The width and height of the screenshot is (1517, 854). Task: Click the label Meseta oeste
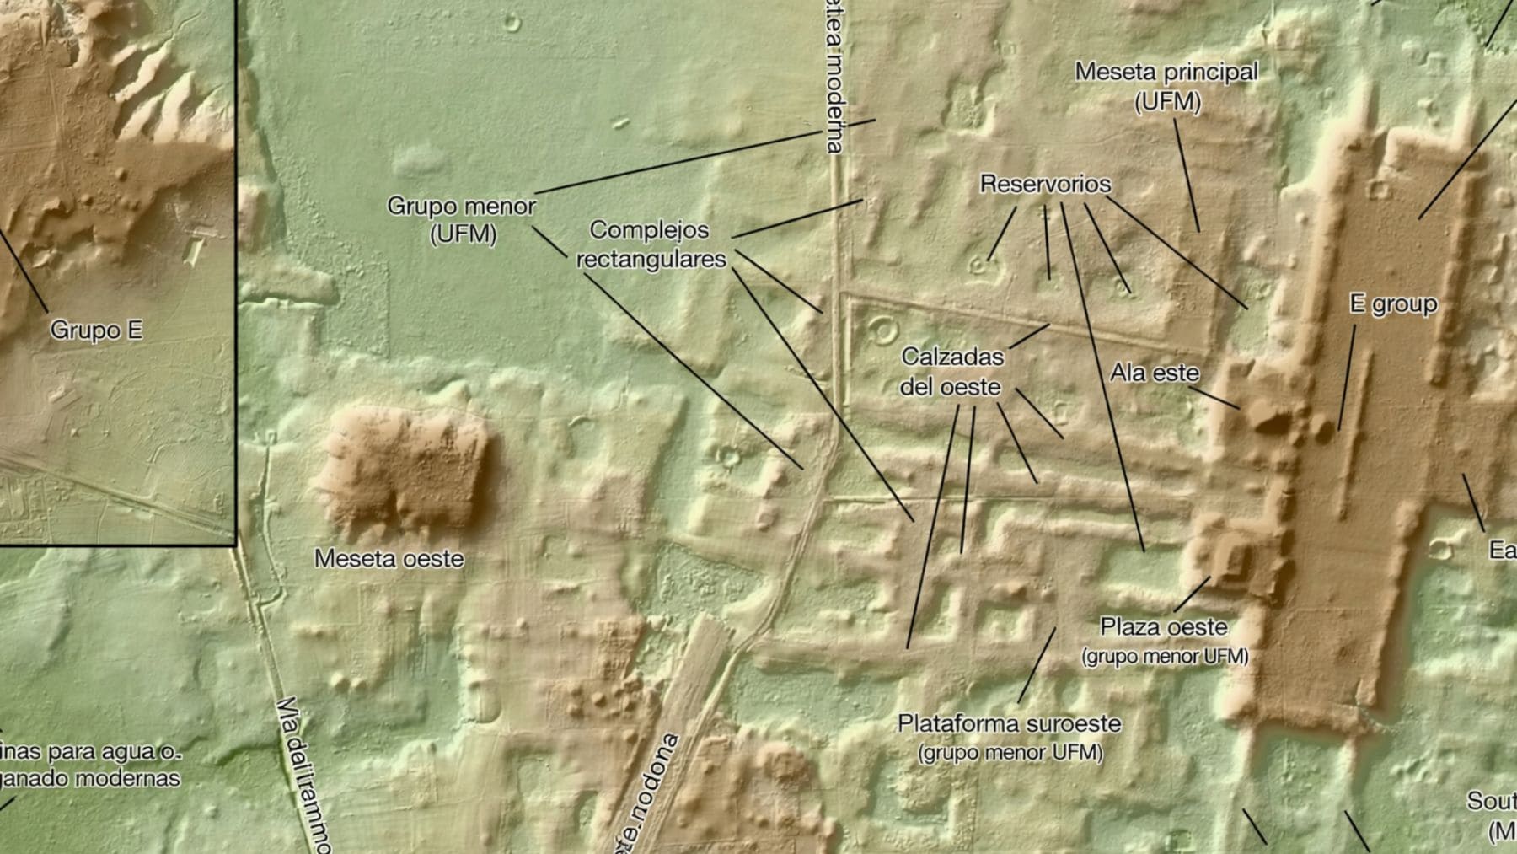[389, 558]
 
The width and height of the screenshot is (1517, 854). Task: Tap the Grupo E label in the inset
[96, 330]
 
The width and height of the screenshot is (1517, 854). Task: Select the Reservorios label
[1045, 184]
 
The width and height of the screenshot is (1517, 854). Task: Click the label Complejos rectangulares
[650, 244]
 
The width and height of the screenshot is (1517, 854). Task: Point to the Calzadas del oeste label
[952, 371]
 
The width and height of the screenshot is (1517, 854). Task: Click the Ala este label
[1154, 372]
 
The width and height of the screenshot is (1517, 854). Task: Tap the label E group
[1393, 303]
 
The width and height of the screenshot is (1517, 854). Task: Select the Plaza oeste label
[1163, 627]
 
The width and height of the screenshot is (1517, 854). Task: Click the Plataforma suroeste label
[1009, 723]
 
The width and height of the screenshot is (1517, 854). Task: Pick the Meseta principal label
[1166, 73]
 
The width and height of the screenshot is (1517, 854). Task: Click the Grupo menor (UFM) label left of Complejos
[461, 219]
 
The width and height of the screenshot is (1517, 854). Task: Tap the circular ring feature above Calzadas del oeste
[882, 330]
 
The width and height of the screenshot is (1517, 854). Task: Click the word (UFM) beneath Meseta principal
[1167, 102]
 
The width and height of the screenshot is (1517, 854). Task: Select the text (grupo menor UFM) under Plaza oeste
[1164, 656]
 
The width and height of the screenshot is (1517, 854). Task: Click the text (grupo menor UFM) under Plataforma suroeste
[1010, 752]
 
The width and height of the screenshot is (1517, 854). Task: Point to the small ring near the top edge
[512, 22]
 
